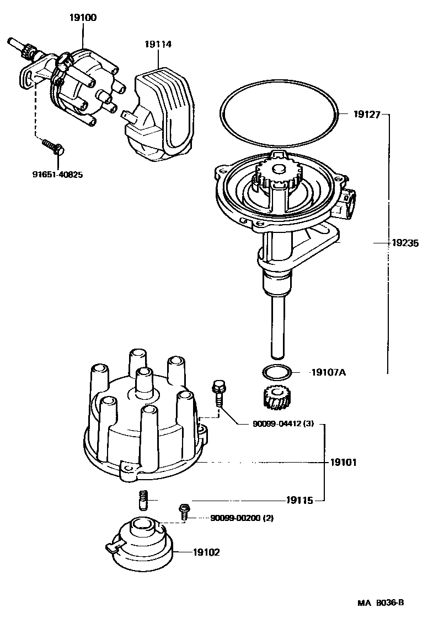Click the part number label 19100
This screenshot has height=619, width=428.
tap(83, 18)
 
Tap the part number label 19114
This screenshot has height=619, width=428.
tap(158, 44)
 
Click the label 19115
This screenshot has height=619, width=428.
tap(299, 501)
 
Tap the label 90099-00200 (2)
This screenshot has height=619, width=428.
tap(241, 518)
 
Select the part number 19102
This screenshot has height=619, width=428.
tap(206, 552)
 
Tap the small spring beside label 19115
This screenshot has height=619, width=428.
tap(141, 501)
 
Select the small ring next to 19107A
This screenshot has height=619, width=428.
tap(275, 373)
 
